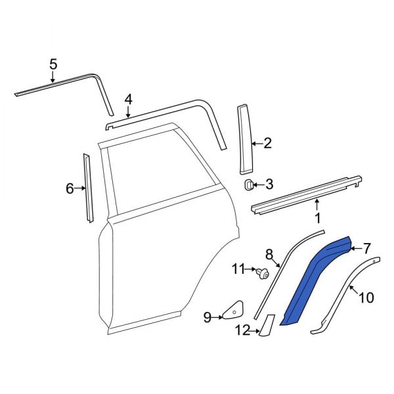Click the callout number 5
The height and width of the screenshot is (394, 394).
pyautogui.click(x=53, y=64)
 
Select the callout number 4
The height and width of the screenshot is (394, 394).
pyautogui.click(x=128, y=99)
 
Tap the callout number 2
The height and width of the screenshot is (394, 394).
pyautogui.click(x=267, y=143)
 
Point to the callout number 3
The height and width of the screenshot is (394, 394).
pyautogui.click(x=269, y=185)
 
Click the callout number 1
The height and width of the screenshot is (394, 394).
pyautogui.click(x=317, y=217)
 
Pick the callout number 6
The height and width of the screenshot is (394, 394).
pyautogui.click(x=70, y=189)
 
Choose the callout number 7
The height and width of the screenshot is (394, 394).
pyautogui.click(x=366, y=248)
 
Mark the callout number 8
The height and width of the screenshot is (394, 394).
pyautogui.click(x=269, y=254)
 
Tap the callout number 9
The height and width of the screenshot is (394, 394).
pyautogui.click(x=208, y=318)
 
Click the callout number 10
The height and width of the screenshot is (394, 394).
pyautogui.click(x=366, y=298)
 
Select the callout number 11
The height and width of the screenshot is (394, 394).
pyautogui.click(x=238, y=269)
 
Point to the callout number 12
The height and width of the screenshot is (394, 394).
pyautogui.click(x=244, y=331)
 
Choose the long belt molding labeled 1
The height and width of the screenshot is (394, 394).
pyautogui.click(x=305, y=194)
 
